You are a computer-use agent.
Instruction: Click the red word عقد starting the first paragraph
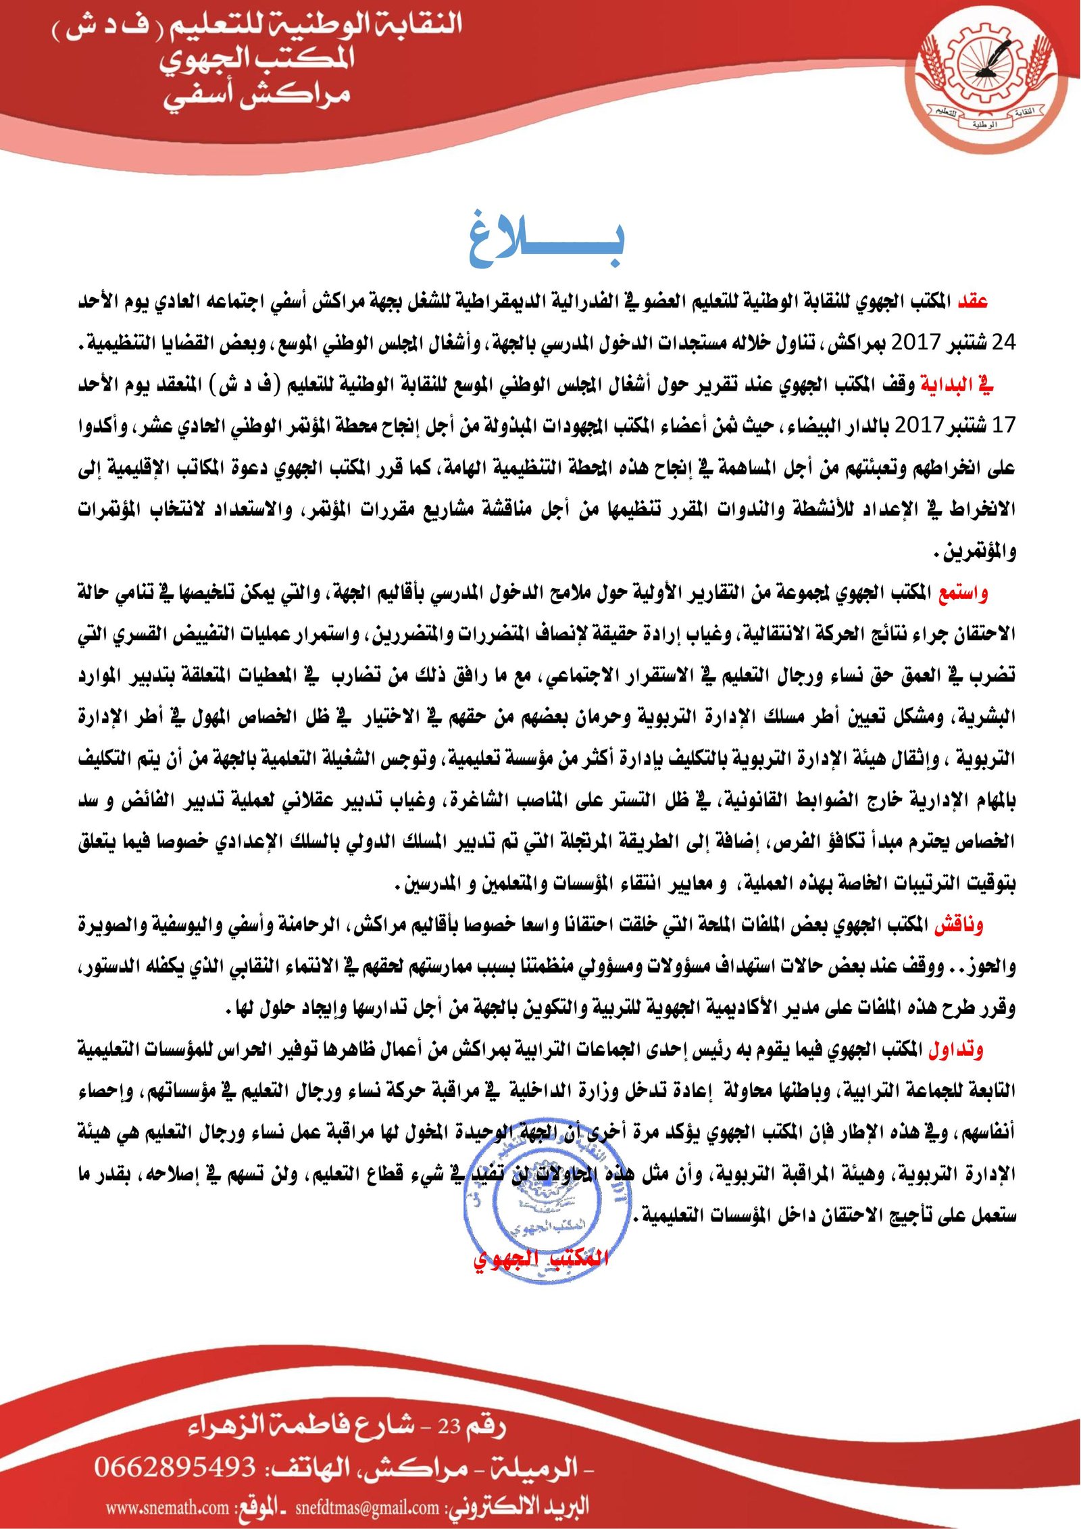point(973,301)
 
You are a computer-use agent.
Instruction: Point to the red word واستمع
point(963,593)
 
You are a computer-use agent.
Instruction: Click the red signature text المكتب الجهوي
point(541,1259)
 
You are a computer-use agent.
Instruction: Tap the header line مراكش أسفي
point(257,97)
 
